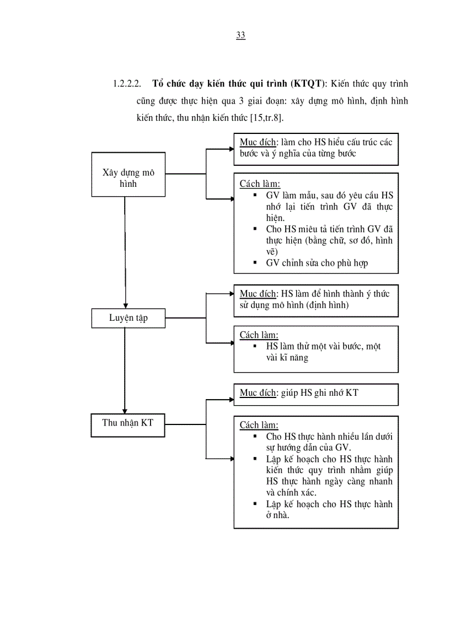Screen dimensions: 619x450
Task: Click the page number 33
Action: click(240, 35)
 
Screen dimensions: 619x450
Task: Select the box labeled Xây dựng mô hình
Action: click(128, 174)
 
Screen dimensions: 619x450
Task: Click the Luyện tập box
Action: click(128, 317)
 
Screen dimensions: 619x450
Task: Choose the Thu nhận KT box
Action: click(128, 423)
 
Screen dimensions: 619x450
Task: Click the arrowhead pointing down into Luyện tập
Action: click(125, 305)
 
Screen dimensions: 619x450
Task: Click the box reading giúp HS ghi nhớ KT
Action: click(315, 393)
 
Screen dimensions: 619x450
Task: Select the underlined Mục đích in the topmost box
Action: click(258, 142)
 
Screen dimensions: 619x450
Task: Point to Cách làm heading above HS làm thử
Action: click(259, 335)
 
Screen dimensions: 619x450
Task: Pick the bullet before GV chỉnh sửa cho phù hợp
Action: click(255, 262)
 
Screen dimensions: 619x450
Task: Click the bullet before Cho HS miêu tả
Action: click(255, 228)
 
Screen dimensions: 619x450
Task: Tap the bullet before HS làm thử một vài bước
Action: click(255, 346)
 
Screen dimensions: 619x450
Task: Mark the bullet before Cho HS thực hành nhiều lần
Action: click(255, 435)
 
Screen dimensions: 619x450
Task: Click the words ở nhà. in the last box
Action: click(278, 515)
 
